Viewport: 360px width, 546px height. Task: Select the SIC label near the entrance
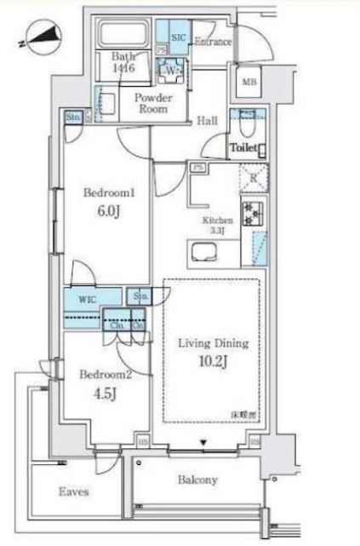pos(180,39)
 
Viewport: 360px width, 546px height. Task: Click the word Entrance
pos(214,41)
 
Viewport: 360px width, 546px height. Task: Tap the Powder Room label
pos(153,102)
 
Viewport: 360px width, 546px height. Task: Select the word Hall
pos(208,122)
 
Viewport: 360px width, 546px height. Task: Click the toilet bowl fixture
pos(245,125)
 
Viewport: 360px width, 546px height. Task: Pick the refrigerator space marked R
pos(254,178)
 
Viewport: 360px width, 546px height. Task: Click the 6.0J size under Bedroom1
pos(104,212)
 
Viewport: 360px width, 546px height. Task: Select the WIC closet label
pos(88,299)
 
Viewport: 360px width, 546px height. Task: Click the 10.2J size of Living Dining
pos(212,361)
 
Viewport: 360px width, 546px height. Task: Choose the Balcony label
pos(197,480)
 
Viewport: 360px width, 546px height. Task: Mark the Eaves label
pos(74,491)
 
